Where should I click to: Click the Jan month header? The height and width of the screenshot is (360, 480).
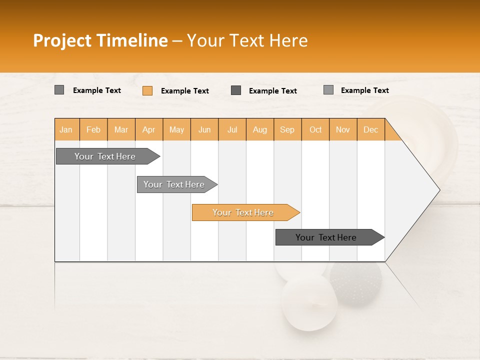pyautogui.click(x=66, y=129)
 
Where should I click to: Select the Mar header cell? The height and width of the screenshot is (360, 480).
pyautogui.click(x=121, y=129)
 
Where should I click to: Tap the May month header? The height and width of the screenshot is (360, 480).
pyautogui.click(x=176, y=129)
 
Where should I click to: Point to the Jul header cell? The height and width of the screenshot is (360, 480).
pyautogui.click(x=232, y=129)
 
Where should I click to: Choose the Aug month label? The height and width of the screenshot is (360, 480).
pyautogui.click(x=259, y=129)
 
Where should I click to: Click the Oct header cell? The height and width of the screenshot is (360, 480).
pyautogui.click(x=315, y=129)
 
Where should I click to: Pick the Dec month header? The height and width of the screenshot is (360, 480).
pyautogui.click(x=370, y=129)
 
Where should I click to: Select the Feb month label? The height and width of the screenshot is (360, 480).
pyautogui.click(x=93, y=129)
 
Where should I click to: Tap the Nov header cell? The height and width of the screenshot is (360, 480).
pyautogui.click(x=343, y=129)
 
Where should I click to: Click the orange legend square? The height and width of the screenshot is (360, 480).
pyautogui.click(x=147, y=90)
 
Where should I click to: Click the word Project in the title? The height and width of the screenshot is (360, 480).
pyautogui.click(x=62, y=40)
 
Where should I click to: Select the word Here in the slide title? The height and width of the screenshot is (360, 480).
pyautogui.click(x=288, y=40)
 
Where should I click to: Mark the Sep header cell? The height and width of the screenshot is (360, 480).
pyautogui.click(x=287, y=129)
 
